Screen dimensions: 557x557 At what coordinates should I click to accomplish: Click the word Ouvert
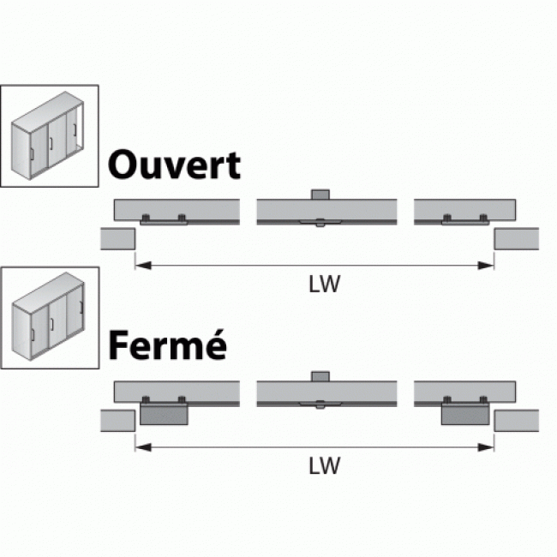click(174, 165)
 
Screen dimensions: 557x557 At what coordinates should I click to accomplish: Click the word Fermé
click(167, 346)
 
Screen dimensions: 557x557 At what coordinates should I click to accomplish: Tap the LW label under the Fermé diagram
click(325, 466)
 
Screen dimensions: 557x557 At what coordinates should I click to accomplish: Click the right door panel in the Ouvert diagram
click(464, 208)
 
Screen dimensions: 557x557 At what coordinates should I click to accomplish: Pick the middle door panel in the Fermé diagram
click(326, 391)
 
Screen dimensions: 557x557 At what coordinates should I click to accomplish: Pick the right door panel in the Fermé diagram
click(464, 390)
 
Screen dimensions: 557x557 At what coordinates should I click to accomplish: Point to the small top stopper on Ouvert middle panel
click(320, 195)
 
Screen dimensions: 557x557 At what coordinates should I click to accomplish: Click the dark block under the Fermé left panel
click(163, 415)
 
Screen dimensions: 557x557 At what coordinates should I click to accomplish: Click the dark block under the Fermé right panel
click(465, 415)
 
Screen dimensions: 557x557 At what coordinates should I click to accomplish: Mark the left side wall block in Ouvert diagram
click(117, 238)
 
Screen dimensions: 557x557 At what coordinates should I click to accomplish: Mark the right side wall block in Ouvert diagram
click(517, 238)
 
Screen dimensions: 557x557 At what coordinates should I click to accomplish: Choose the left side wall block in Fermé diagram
click(117, 420)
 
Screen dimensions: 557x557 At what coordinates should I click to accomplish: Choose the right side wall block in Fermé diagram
click(517, 420)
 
